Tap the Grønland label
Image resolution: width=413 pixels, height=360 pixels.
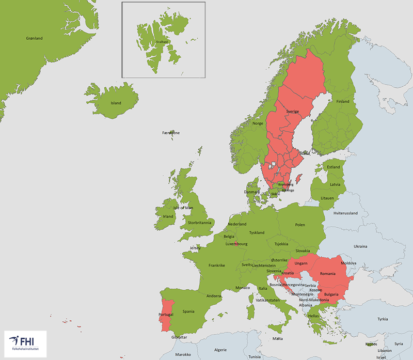(34, 38)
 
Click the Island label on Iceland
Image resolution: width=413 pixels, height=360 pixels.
(116, 103)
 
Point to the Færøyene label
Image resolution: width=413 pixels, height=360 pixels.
(171, 133)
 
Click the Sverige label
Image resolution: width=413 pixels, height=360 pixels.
(293, 112)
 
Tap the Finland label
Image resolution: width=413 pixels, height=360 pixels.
(343, 102)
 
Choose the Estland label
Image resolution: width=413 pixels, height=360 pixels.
(334, 167)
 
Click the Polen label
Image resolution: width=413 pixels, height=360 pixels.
(300, 225)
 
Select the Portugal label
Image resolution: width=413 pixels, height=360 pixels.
(166, 315)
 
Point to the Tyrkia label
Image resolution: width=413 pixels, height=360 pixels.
(383, 319)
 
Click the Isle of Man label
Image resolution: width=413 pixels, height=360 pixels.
(183, 208)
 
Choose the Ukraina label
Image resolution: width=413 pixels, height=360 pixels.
(360, 246)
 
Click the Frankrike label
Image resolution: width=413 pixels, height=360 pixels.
(217, 265)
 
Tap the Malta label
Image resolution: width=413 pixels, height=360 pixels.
(277, 338)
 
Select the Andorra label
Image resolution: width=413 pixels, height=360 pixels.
(214, 296)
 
